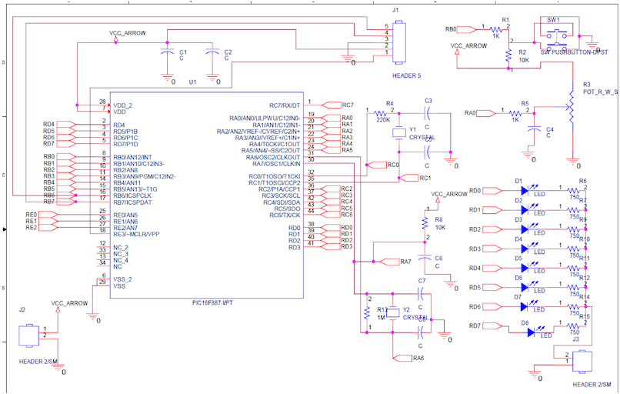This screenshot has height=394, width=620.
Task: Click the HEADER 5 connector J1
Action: [x=398, y=43]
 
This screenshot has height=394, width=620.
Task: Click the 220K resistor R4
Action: [x=380, y=113]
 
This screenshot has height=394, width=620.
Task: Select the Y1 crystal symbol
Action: [x=399, y=133]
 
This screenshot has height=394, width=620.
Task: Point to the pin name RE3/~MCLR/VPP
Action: [x=136, y=234]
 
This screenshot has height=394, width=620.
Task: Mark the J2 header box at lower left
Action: [x=30, y=336]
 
